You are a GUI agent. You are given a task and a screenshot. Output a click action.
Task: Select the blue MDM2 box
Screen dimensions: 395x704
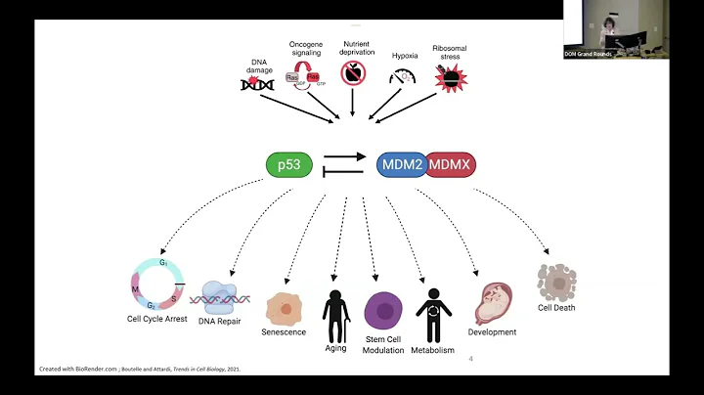click(403, 164)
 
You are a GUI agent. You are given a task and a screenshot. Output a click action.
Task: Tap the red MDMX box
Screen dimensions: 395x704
click(451, 164)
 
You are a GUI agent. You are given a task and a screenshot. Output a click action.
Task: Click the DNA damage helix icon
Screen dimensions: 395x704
click(258, 85)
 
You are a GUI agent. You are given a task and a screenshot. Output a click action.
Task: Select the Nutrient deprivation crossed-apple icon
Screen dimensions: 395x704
click(352, 72)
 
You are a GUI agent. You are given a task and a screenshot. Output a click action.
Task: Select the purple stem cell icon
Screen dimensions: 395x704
click(383, 311)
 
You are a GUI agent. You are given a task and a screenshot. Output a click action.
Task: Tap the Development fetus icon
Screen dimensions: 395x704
click(493, 304)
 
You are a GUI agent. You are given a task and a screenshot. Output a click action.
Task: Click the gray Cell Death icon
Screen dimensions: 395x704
click(556, 282)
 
